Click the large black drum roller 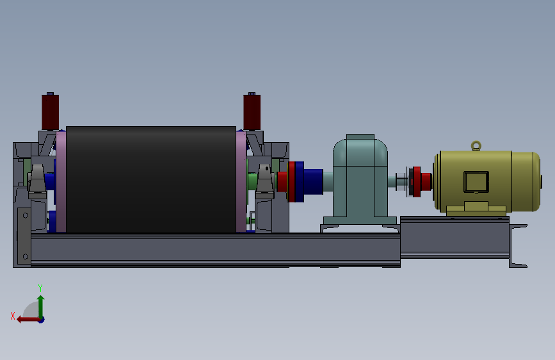point(151,179)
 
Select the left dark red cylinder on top point(51,112)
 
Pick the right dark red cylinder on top point(252,112)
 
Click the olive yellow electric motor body point(487,181)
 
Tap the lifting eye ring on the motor point(476,145)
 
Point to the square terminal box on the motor point(476,182)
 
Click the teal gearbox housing point(360,179)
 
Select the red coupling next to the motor point(420,182)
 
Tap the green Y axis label point(40,288)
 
